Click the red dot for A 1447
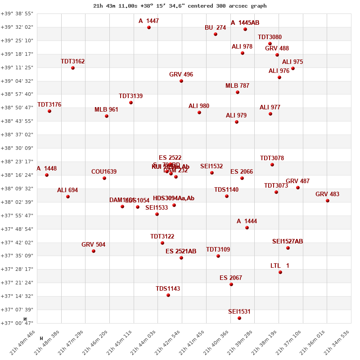pos(149,27)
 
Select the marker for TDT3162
pos(73,68)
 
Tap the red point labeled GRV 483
pos(328,201)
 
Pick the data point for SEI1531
pos(239,318)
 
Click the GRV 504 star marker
pos(94,251)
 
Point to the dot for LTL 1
pos(280,272)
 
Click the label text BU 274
pos(215,28)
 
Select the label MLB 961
pos(106,110)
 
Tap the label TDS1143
pos(168,289)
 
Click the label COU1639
pos(104,172)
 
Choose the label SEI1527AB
pos(288,242)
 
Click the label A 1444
pos(247,221)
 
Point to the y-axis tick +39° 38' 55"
pos(17,13)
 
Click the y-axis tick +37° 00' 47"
pos(17,323)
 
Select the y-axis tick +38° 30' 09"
pos(17,148)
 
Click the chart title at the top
pos(180,6)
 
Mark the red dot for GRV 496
pos(181,81)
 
